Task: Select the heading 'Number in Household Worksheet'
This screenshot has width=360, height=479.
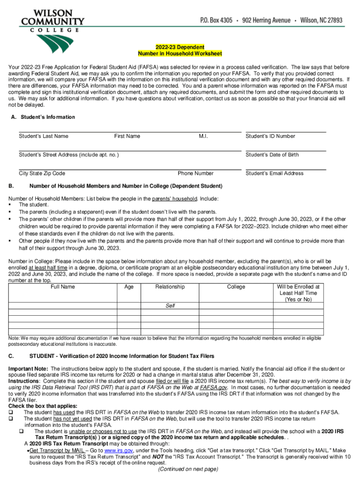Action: pyautogui.click(x=180, y=54)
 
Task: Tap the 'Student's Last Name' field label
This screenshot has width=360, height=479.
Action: pyautogui.click(x=43, y=136)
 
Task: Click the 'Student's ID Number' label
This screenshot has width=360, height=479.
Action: pyautogui.click(x=270, y=136)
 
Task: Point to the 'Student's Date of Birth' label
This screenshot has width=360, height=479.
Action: pyautogui.click(x=272, y=155)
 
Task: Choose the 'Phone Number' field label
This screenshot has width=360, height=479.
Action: pyautogui.click(x=195, y=174)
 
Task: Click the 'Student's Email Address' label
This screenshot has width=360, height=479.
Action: pyautogui.click(x=274, y=174)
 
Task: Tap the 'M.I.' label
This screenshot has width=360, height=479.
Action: pyautogui.click(x=203, y=136)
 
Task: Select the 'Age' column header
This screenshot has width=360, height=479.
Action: pyautogui.click(x=130, y=287)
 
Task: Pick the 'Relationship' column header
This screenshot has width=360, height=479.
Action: pyautogui.click(x=170, y=287)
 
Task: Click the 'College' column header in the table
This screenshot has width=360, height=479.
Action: pyautogui.click(x=236, y=287)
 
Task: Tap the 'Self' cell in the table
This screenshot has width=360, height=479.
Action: pyautogui.click(x=170, y=306)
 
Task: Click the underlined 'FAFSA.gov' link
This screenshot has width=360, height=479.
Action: pyautogui.click(x=215, y=388)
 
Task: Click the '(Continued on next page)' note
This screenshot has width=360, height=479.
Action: pyautogui.click(x=188, y=469)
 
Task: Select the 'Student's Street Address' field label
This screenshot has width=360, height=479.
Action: pyautogui.click(x=69, y=155)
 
